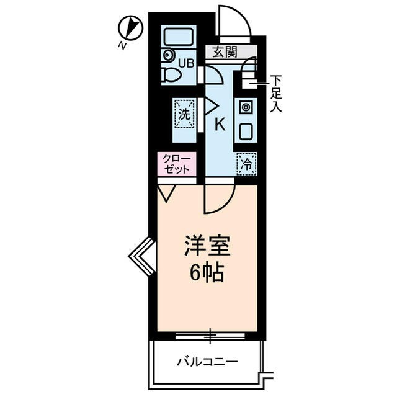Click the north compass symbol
pyautogui.click(x=131, y=29)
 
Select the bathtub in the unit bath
pyautogui.click(x=179, y=38)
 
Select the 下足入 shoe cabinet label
pyautogui.click(x=276, y=93)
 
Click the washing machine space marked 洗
pyautogui.click(x=184, y=114)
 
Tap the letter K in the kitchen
pyautogui.click(x=220, y=124)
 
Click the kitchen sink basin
pyautogui.click(x=246, y=132)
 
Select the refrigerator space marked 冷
pyautogui.click(x=246, y=164)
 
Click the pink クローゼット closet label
pyautogui.click(x=176, y=164)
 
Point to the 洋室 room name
pyautogui.click(x=207, y=247)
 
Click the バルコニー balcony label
pyautogui.click(x=207, y=361)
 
